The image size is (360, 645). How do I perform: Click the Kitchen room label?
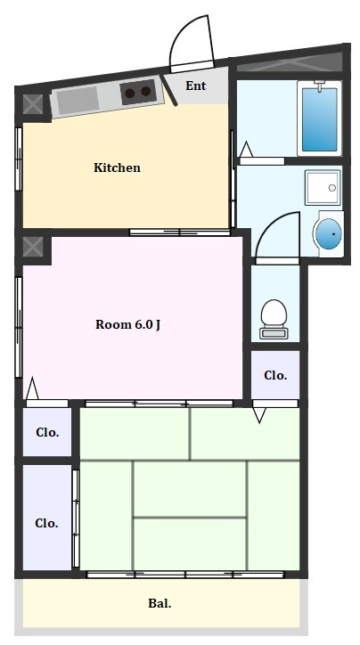(118, 167)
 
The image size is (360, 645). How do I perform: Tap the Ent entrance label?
(195, 86)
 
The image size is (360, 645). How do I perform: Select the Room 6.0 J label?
(128, 324)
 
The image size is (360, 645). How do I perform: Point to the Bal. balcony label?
(160, 603)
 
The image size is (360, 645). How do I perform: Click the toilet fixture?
(274, 319)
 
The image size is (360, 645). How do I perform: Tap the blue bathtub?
(320, 118)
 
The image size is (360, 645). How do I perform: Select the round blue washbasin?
(330, 233)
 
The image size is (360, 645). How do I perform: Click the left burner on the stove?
(130, 93)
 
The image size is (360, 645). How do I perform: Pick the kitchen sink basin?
(78, 101)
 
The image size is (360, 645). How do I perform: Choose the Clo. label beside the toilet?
(275, 375)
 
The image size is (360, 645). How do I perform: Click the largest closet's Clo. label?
(46, 523)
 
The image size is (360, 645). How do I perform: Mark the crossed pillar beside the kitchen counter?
(32, 104)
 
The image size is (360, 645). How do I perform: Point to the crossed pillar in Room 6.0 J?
(32, 247)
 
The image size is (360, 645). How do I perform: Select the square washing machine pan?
(323, 188)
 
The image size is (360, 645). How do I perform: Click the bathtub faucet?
(320, 86)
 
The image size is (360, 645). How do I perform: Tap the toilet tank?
(274, 333)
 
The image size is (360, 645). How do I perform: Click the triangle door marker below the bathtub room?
(246, 150)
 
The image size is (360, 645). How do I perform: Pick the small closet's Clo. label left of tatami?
(47, 432)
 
